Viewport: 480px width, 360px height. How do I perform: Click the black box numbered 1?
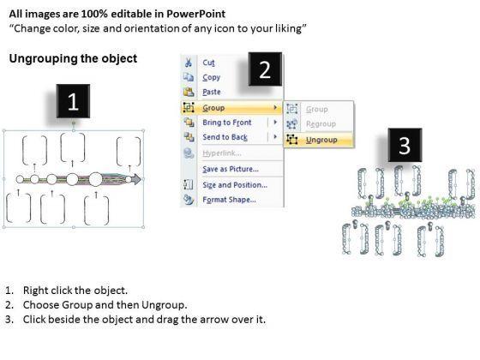point(73,101)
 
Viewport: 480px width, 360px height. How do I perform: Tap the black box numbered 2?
point(265,69)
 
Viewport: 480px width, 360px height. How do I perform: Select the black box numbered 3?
point(405,145)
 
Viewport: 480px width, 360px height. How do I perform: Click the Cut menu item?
point(208,63)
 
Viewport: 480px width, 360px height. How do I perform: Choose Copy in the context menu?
point(211,77)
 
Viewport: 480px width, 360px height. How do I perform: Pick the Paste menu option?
point(212,92)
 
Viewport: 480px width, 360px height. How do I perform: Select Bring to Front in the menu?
point(227,123)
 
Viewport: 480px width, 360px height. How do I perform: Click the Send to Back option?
point(225,137)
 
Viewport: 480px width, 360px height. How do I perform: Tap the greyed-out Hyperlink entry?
point(222,153)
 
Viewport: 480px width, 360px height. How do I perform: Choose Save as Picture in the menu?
point(231,169)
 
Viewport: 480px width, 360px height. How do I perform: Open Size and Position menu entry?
point(235,185)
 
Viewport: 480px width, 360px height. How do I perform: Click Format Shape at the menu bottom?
point(229,200)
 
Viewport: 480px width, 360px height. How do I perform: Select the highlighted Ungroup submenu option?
point(321,140)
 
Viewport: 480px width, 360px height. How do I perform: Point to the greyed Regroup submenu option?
point(321,124)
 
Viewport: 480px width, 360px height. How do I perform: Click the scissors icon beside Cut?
point(188,63)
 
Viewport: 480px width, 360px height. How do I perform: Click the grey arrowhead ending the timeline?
point(136,179)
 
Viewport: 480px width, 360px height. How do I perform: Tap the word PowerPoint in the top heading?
point(195,14)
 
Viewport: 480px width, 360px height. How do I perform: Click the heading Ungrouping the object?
point(73,58)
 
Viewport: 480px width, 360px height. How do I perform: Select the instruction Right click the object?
point(75,291)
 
